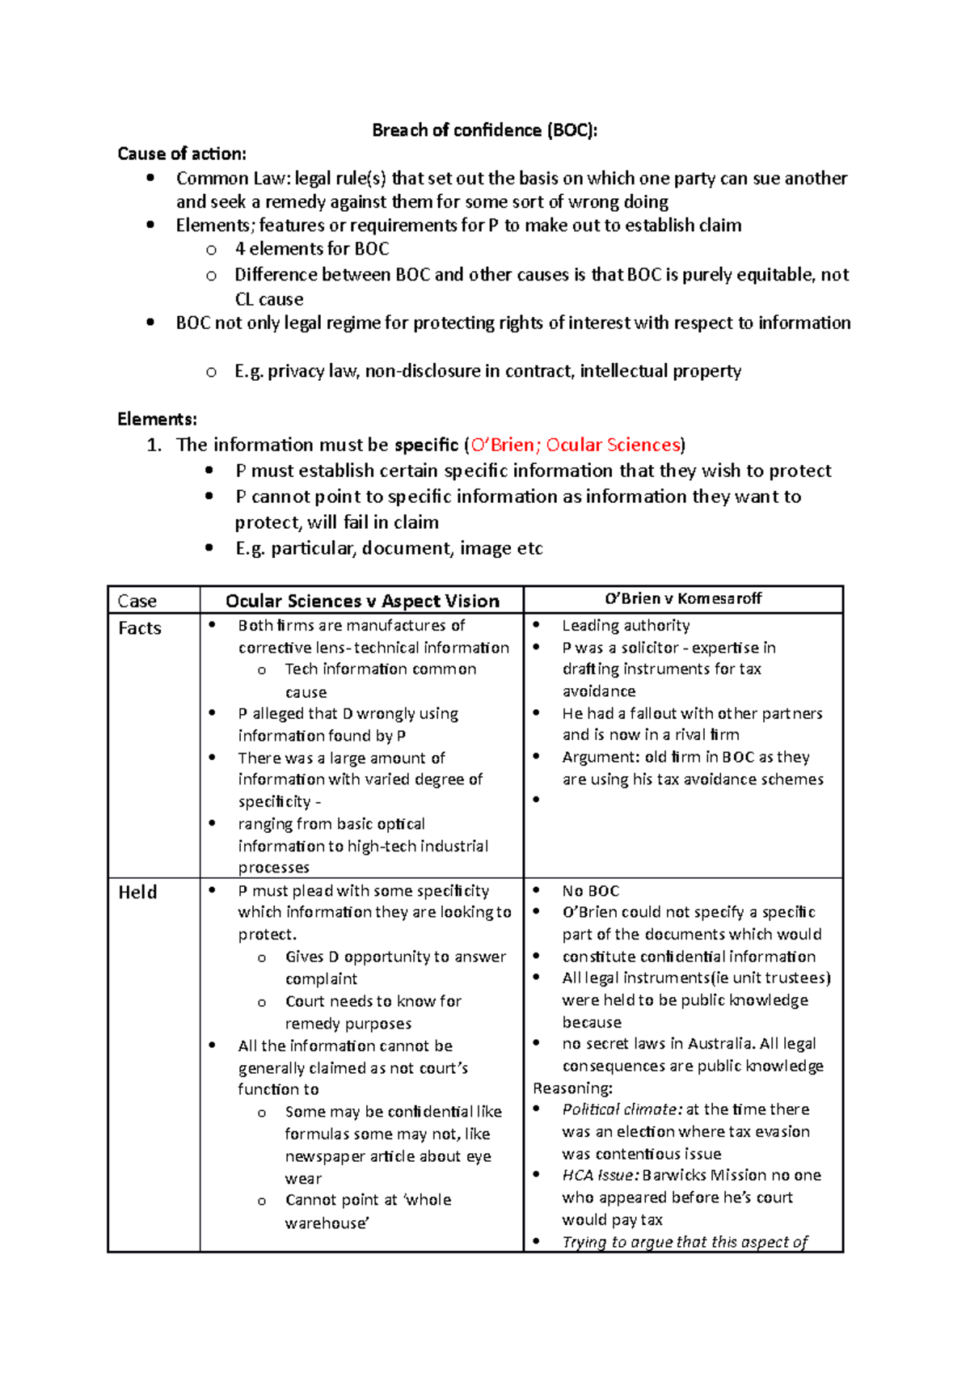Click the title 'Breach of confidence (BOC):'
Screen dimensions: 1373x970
(484, 130)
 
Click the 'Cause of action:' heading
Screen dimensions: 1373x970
(182, 154)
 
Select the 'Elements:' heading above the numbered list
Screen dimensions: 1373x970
(157, 419)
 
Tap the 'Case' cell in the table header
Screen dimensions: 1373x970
(137, 601)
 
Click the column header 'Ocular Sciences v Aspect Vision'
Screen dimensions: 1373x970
(362, 601)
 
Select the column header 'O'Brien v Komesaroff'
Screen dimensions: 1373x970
(683, 598)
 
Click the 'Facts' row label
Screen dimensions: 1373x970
(140, 628)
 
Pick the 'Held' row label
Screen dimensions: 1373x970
(137, 892)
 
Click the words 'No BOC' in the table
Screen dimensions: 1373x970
(590, 891)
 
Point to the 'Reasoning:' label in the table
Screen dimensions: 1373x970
(572, 1088)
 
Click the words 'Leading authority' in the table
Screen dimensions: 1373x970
(626, 625)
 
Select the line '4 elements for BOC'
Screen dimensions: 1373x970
(311, 249)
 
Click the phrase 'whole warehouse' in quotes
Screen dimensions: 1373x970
(368, 1211)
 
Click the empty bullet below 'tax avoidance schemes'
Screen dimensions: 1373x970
(536, 801)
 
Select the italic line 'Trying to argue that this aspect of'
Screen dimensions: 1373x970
(684, 1242)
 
